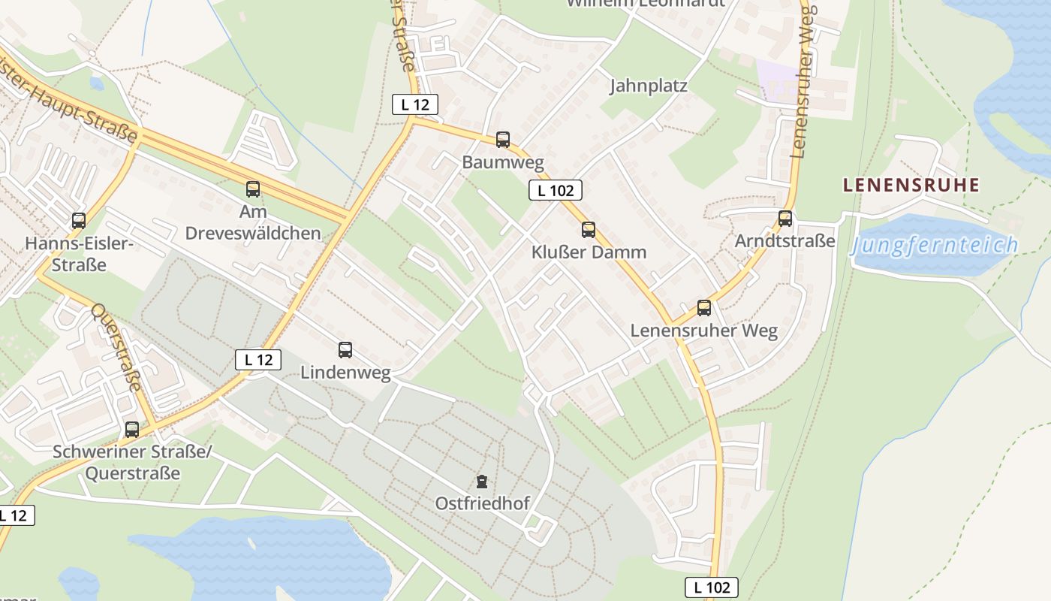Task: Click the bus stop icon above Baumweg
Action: [x=503, y=140]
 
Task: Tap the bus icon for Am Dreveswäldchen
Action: [x=253, y=189]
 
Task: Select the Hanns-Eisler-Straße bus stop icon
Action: [x=79, y=221]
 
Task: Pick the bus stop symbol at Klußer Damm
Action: [x=589, y=230]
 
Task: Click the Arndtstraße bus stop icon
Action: [x=785, y=219]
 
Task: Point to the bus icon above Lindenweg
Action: [x=345, y=349]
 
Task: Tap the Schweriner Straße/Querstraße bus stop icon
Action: [x=132, y=430]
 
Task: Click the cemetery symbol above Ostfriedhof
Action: [x=482, y=481]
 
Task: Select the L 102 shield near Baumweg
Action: [x=556, y=191]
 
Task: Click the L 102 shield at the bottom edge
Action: [x=712, y=587]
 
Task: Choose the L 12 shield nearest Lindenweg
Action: [x=258, y=360]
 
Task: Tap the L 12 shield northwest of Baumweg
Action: [x=414, y=105]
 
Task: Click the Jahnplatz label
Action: [x=649, y=86]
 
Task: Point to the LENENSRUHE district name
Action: [x=911, y=185]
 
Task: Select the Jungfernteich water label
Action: [x=935, y=246]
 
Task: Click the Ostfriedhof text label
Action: [x=483, y=503]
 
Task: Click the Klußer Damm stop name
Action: [x=589, y=252]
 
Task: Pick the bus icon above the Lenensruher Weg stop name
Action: [x=704, y=308]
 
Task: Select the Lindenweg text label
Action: [x=345, y=373]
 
